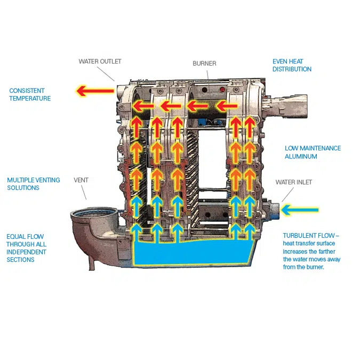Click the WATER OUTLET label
[x=100, y=62]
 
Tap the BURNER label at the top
[x=204, y=63]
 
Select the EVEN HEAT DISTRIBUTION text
[x=292, y=66]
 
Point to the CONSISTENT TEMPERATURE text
[x=30, y=95]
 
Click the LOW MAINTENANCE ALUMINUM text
[x=313, y=153]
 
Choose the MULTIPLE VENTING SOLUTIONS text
[x=33, y=184]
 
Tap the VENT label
[x=81, y=180]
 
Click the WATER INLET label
[x=294, y=182]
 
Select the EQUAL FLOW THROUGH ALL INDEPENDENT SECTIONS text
[x=26, y=248]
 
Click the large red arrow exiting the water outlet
[x=96, y=91]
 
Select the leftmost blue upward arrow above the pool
[x=137, y=230]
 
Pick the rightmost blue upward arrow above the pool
[x=249, y=230]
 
